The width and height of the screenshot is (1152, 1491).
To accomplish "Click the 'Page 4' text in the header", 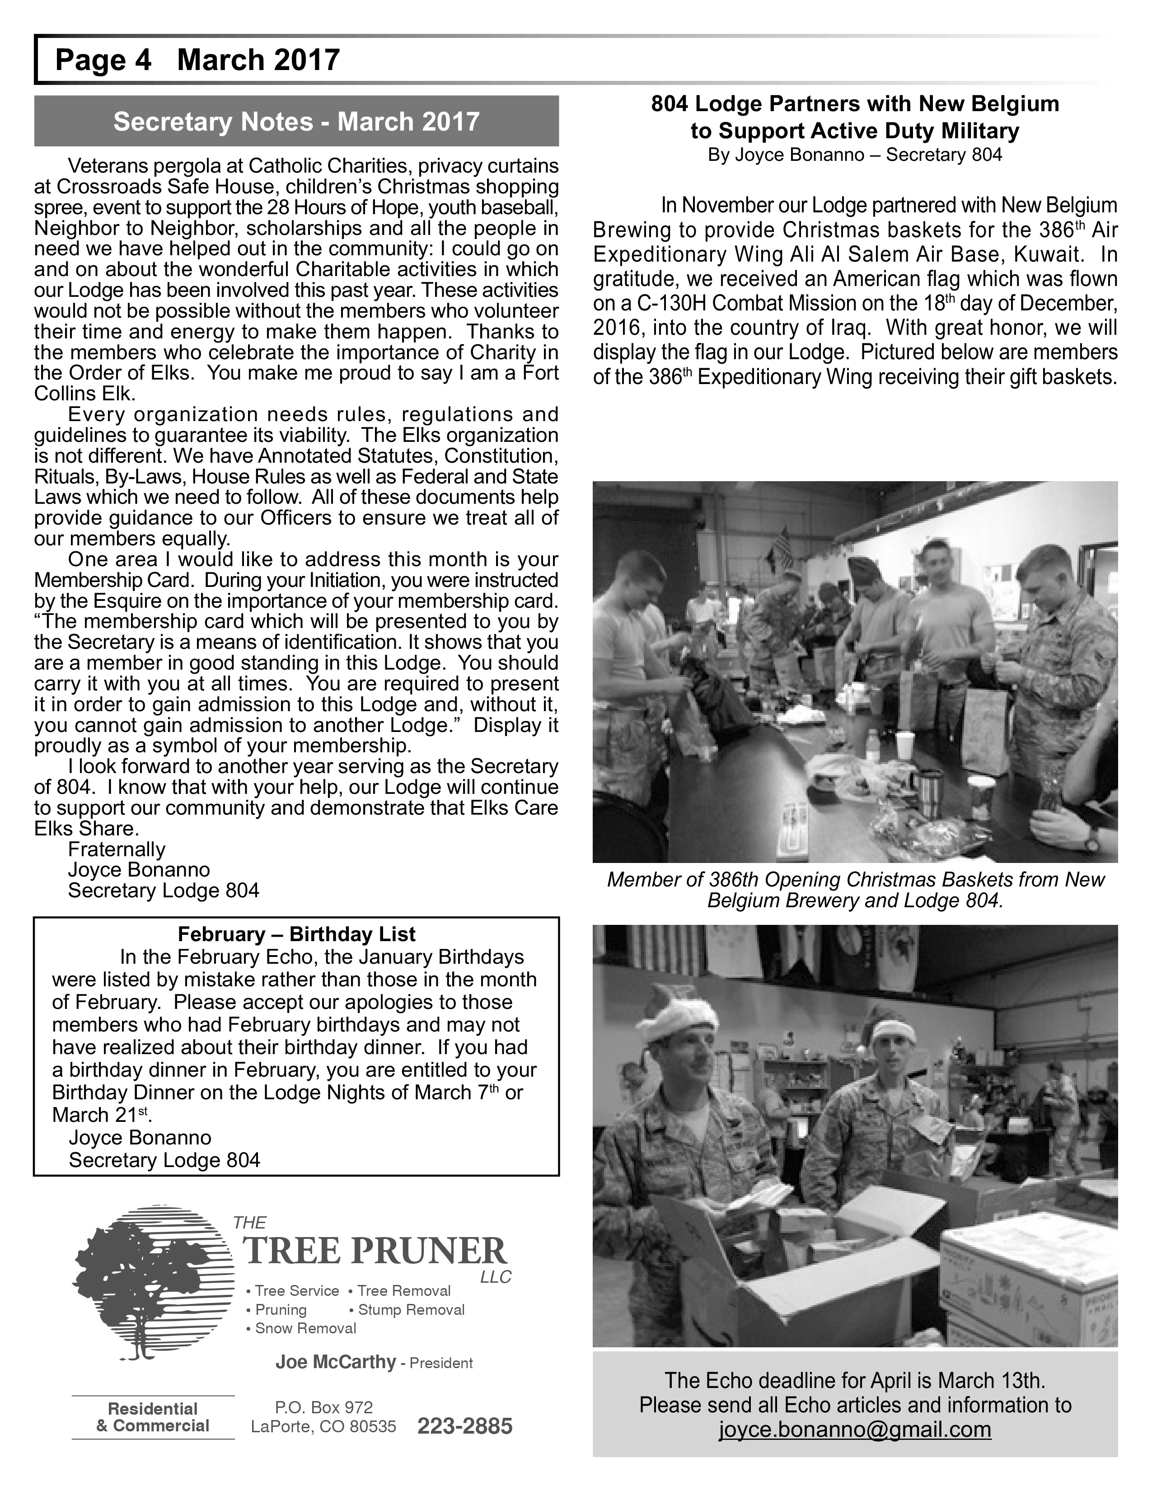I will [103, 60].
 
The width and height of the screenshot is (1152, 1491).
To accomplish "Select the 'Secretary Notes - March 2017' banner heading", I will [296, 122].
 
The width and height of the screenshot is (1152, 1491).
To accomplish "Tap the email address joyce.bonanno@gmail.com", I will [854, 1429].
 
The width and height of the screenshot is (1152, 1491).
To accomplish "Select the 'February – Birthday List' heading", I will [296, 934].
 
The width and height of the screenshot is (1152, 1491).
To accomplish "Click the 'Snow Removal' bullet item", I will [305, 1328].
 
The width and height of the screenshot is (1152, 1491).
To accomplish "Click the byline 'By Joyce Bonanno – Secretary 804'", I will [854, 155].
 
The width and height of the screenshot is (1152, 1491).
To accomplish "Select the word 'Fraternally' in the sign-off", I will [117, 849].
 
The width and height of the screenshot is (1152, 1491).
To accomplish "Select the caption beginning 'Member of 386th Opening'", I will [854, 890].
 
